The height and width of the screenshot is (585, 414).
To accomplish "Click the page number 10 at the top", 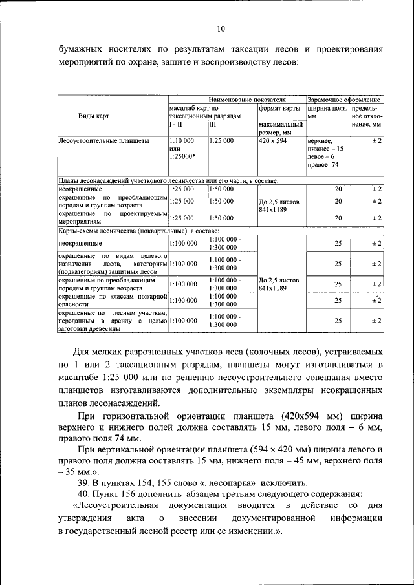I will click(220, 28).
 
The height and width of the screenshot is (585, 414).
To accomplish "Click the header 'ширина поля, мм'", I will click(328, 112).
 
